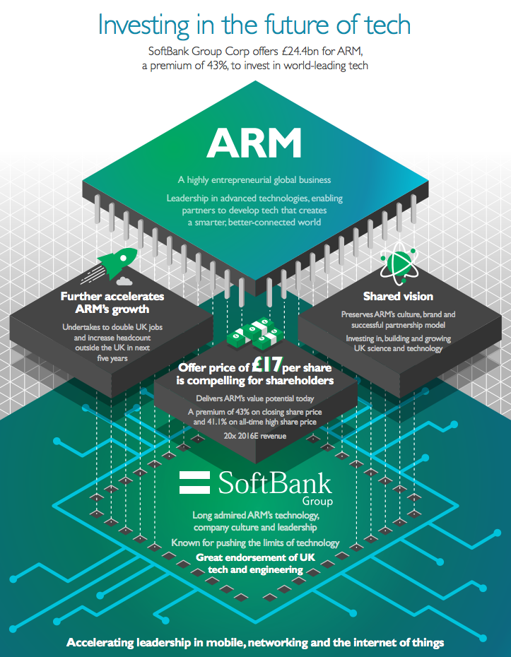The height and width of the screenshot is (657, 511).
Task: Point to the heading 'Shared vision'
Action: [398, 296]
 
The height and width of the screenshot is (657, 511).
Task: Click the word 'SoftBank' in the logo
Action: [274, 483]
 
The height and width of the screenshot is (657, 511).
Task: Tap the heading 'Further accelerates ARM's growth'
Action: [112, 302]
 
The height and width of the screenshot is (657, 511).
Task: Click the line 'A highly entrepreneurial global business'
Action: [254, 180]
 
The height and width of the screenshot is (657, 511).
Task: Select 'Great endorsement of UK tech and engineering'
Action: [255, 564]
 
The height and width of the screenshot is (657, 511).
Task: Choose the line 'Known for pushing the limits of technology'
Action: [255, 543]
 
